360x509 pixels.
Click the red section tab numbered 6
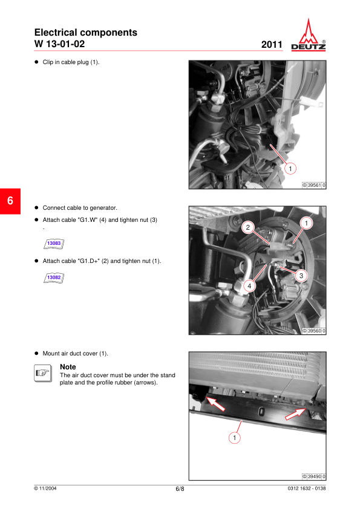pos(10,201)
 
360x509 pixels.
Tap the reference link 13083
pos(54,244)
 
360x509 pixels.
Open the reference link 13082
pos(54,277)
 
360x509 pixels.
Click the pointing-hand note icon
pos(43,374)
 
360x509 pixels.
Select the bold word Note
pos(68,367)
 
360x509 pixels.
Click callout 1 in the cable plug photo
pos(290,169)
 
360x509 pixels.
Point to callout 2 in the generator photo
pos(248,227)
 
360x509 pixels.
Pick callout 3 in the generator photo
pos(301,276)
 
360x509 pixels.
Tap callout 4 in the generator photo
pos(249,286)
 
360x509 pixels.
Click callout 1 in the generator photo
pos(306,223)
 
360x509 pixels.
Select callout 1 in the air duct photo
pos(235,438)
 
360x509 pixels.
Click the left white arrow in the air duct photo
pos(215,403)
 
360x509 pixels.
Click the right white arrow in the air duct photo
pos(295,414)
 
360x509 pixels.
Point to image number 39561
pos(314,186)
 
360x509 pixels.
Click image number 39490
pos(314,476)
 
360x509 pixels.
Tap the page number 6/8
pos(180,489)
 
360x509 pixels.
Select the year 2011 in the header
pos(272,45)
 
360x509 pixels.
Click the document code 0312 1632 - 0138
pos(306,488)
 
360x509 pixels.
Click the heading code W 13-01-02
pos(59,44)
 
